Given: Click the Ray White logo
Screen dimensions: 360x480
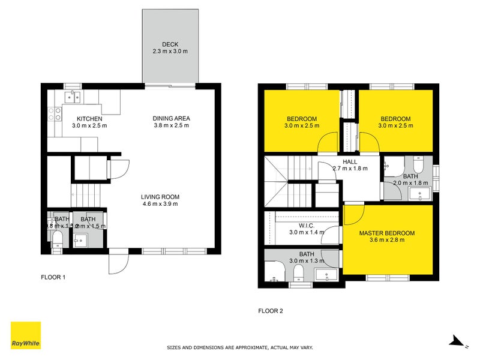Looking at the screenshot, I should coord(26,335).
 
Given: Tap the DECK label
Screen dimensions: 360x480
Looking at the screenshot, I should coord(170,44).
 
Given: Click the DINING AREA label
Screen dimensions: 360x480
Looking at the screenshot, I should coord(171,119).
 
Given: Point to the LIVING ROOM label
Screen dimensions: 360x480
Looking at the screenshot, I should coord(160,197).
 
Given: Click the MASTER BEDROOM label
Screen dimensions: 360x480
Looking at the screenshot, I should coord(387,233).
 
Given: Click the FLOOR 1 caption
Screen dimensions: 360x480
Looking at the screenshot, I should coord(53,278).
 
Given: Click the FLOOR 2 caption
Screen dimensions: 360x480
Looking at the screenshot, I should coord(271,311).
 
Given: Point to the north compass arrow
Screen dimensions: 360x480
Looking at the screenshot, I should coord(457,341).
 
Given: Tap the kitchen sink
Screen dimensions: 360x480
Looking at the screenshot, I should coord(73,96).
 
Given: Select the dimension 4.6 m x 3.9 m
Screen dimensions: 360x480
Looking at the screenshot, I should coord(160,204).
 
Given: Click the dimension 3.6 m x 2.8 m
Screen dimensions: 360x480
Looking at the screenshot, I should coord(387,240).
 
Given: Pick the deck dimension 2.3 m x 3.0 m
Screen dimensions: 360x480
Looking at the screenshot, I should coord(170,52).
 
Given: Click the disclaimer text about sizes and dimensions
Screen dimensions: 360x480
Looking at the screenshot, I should coord(239,347).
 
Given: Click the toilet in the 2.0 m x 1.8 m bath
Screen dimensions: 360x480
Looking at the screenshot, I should coord(419,164).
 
